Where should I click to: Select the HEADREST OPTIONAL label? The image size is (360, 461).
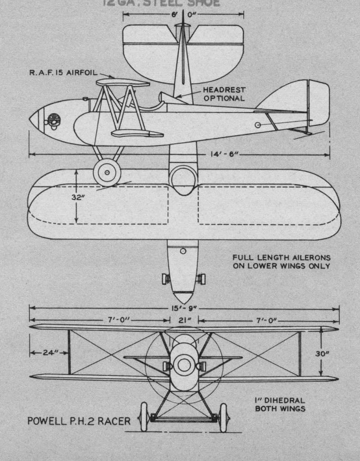coord(224,94)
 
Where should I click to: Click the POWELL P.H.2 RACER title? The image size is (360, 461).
coord(79,421)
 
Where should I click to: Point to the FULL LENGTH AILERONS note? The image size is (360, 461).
coord(281,262)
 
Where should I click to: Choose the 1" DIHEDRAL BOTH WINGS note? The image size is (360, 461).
coord(280,404)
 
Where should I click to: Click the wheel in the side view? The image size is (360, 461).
coord(107,172)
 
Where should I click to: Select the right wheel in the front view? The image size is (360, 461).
coord(223,417)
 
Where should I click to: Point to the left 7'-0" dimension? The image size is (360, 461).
coord(113,320)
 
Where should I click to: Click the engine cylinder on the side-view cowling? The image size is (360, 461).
coord(53,121)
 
